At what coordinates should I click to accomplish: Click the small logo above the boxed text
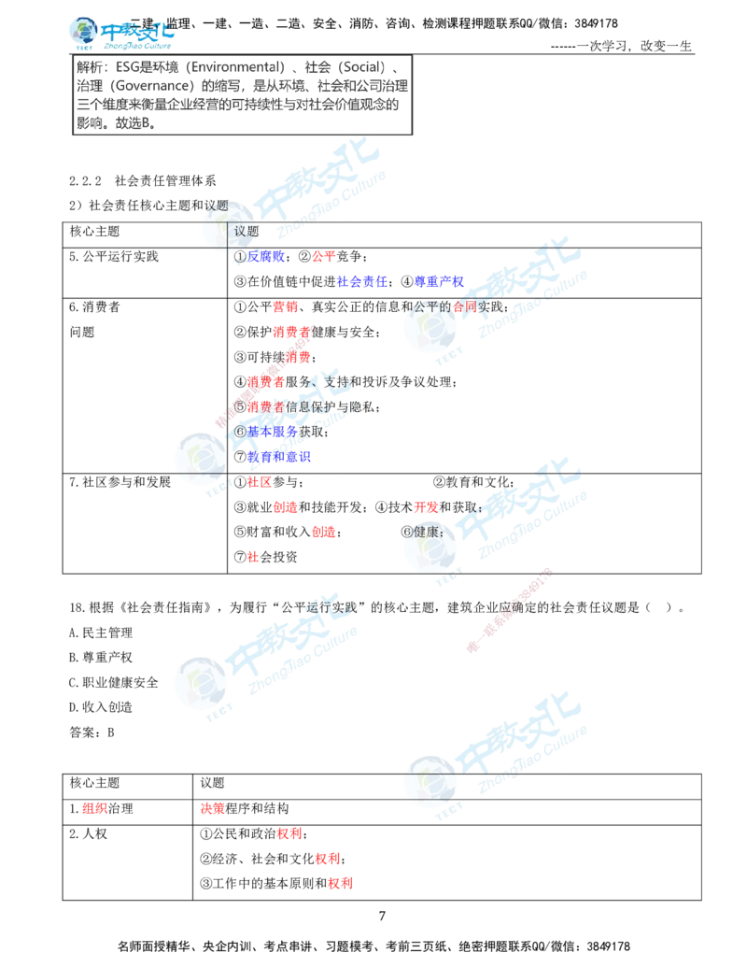pos(120,34)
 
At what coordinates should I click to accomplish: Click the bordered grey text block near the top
pos(242,97)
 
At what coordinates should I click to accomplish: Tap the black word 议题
pos(245,231)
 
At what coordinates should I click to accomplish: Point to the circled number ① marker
pos(240,257)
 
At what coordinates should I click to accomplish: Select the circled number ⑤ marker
pos(240,406)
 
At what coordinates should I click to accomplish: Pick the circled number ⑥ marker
pos(240,432)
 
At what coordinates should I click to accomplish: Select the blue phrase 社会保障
pos(361,281)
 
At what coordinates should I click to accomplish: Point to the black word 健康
pos(425,531)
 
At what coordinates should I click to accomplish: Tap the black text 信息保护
pos(303,407)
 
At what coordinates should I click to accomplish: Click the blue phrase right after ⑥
pos(272,432)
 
